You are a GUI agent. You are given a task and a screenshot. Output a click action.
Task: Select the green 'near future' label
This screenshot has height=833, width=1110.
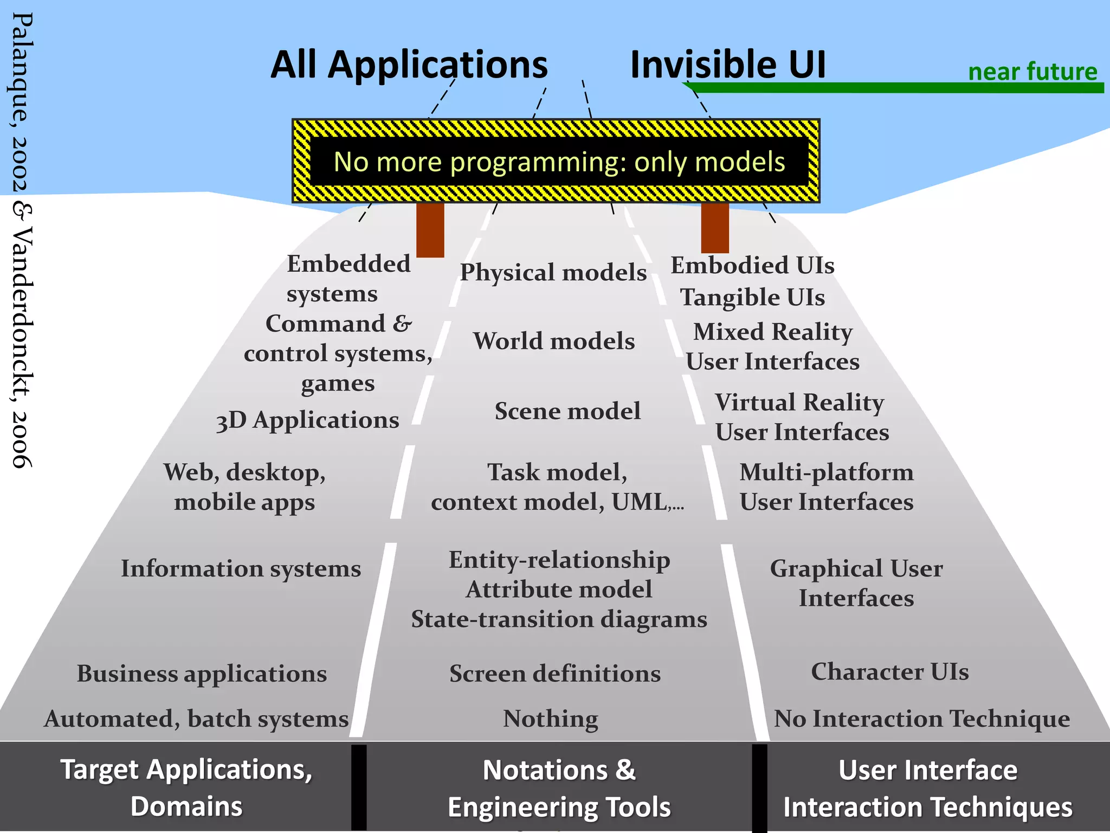click(1032, 72)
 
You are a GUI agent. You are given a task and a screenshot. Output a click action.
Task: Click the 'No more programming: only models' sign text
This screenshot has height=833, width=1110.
click(559, 162)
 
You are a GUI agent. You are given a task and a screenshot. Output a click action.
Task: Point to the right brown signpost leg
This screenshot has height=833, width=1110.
click(715, 228)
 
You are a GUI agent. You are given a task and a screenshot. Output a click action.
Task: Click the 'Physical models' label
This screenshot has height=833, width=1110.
click(553, 272)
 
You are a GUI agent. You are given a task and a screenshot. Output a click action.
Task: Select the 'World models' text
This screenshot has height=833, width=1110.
click(554, 341)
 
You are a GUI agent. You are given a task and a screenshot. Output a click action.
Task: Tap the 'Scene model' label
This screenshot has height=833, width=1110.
click(567, 411)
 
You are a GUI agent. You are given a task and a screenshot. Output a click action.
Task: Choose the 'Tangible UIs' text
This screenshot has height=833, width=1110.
click(753, 297)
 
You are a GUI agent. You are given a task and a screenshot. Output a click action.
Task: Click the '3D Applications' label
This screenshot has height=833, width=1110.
click(307, 420)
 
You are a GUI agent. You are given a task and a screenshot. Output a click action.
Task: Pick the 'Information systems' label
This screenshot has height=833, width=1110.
click(241, 569)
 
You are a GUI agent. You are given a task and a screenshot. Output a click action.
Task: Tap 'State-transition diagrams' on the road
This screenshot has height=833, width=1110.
click(559, 619)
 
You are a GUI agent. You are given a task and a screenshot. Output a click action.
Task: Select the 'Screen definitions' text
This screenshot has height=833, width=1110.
click(555, 674)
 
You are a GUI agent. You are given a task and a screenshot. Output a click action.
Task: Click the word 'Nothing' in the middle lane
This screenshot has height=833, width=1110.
click(551, 719)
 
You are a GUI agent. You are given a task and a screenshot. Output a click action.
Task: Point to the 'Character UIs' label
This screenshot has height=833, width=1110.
click(889, 672)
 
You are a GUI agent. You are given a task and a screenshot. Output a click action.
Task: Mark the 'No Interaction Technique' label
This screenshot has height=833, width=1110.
click(922, 719)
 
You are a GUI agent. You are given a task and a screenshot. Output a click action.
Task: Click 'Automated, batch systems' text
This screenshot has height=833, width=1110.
click(196, 719)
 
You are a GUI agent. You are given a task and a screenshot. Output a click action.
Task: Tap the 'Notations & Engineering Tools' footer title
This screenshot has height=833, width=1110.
click(559, 789)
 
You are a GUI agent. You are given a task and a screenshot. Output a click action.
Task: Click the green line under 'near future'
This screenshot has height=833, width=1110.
click(894, 88)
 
